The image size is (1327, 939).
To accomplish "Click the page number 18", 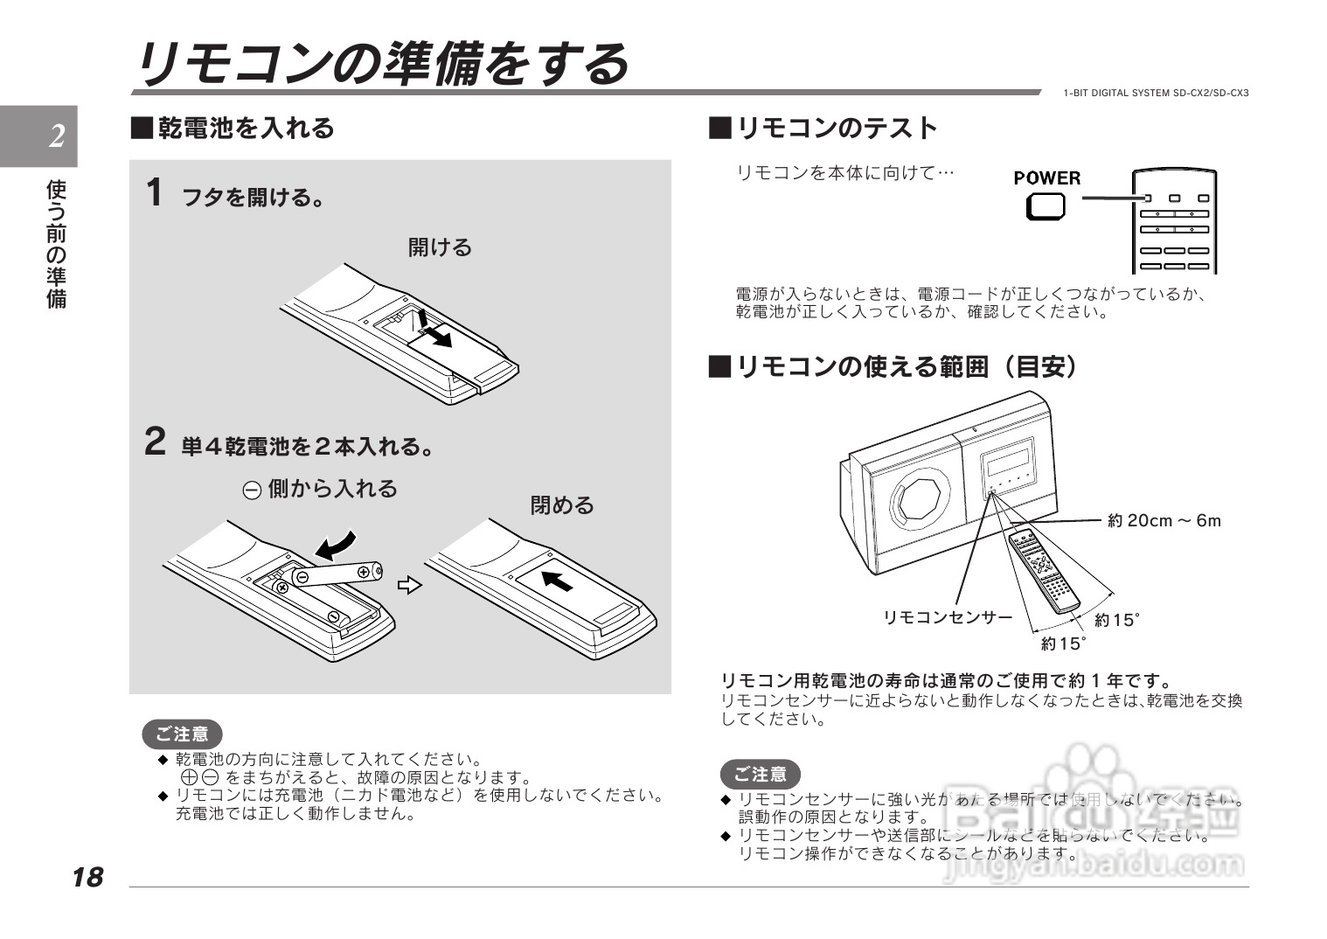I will pyautogui.click(x=88, y=877).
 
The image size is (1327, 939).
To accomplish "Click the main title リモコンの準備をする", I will pyautogui.click(x=382, y=64).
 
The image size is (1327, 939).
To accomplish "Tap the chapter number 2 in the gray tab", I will pyautogui.click(x=57, y=136).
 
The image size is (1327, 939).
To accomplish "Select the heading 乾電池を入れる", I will pyautogui.click(x=245, y=129).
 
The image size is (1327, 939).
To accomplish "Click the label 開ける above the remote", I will pyautogui.click(x=440, y=247).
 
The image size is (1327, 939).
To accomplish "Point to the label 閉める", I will pyautogui.click(x=562, y=505).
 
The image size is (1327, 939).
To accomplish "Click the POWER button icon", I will pyautogui.click(x=1046, y=205).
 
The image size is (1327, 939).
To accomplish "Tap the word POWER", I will pyautogui.click(x=1046, y=177).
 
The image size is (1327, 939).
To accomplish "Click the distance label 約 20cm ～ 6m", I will pyautogui.click(x=1164, y=521).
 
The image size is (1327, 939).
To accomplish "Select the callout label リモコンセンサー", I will pyautogui.click(x=948, y=617).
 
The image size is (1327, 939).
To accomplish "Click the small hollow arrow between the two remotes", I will pyautogui.click(x=409, y=585).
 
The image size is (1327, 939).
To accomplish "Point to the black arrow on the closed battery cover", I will pyautogui.click(x=557, y=579).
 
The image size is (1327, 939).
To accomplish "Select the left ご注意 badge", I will pyautogui.click(x=183, y=734).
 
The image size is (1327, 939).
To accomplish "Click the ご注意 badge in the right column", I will pyautogui.click(x=760, y=774).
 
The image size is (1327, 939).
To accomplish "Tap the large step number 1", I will pyautogui.click(x=155, y=193).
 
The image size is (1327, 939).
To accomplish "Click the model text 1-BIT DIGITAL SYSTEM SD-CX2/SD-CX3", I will pyautogui.click(x=1156, y=94).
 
